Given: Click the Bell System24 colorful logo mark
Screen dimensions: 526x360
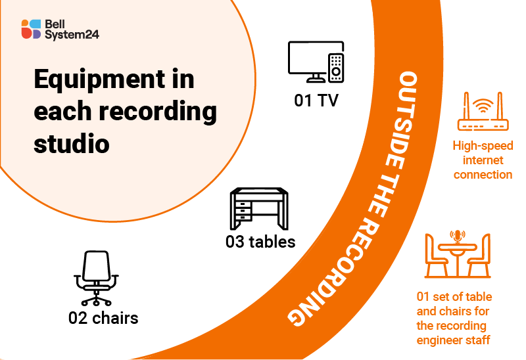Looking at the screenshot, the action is click(x=31, y=29).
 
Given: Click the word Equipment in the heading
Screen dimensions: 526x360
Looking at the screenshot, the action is click(x=100, y=80).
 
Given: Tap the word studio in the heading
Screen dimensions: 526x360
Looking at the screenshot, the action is click(x=72, y=143).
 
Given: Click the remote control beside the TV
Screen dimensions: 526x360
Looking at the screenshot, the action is click(x=336, y=68).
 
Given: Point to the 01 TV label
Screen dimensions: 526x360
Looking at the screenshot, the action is click(x=316, y=101).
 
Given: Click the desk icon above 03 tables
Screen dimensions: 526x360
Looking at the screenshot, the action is click(x=259, y=208).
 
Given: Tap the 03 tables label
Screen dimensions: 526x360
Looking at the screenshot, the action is click(x=260, y=242).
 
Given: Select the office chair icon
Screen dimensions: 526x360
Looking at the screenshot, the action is click(x=96, y=278).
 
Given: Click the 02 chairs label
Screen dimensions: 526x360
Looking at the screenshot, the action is click(x=103, y=318).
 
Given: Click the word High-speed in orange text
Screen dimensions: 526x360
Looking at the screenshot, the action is click(x=483, y=145).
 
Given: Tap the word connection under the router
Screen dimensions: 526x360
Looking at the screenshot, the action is click(x=483, y=174).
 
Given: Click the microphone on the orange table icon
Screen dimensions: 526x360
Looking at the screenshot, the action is click(x=458, y=236).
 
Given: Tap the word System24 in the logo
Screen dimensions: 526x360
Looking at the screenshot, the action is click(x=72, y=35).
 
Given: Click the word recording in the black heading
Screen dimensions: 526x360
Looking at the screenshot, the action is click(x=158, y=112).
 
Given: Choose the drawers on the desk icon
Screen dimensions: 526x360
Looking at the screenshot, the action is click(x=243, y=211).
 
